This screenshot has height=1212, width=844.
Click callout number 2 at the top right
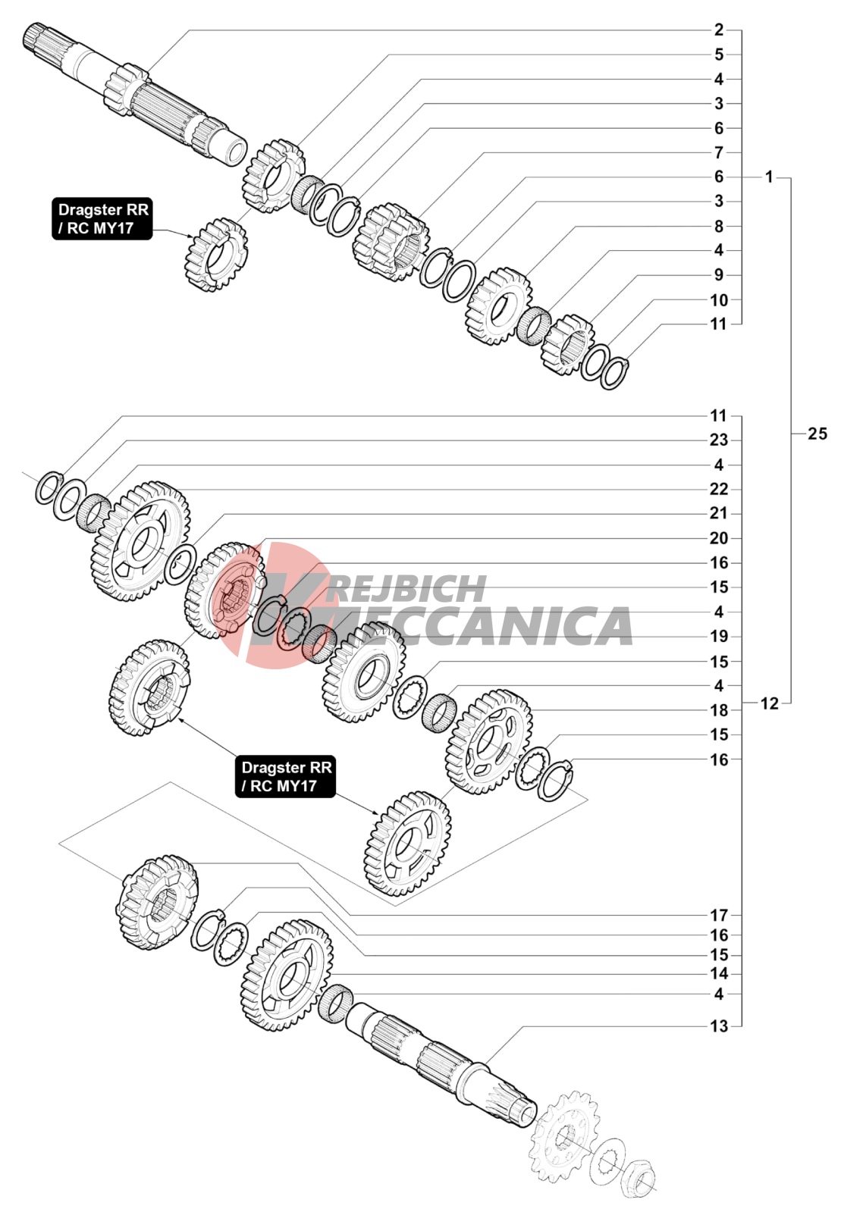[718, 30]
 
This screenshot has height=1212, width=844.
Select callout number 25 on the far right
[817, 434]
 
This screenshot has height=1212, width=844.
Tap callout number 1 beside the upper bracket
[769, 177]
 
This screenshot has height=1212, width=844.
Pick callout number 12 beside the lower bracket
[769, 703]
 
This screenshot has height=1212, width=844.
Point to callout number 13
[718, 1026]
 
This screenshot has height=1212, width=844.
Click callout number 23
[718, 440]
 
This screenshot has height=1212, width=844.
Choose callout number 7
[718, 152]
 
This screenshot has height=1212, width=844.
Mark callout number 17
[718, 915]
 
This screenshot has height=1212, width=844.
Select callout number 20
[718, 538]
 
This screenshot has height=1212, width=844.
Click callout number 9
[718, 275]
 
